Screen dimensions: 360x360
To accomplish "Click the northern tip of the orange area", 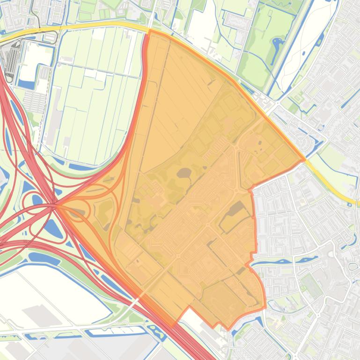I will tap(149, 32).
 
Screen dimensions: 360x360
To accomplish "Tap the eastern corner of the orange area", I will tap(305, 160).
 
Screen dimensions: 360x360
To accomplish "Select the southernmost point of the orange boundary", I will tap(228, 329).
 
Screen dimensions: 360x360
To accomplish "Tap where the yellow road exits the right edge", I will tap(358, 203).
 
